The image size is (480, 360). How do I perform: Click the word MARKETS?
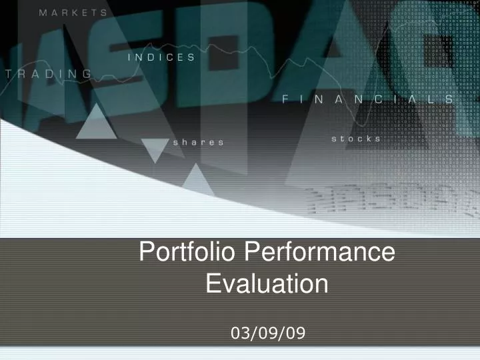pyautogui.click(x=73, y=13)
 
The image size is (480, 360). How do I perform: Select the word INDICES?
pyautogui.click(x=161, y=57)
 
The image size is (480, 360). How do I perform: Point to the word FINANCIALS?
pyautogui.click(x=369, y=99)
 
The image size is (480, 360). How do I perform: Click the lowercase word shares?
pyautogui.click(x=198, y=142)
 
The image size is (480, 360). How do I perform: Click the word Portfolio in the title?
pyautogui.click(x=188, y=253)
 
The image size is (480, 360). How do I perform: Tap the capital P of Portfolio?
pyautogui.click(x=151, y=253)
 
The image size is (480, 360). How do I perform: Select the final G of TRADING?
pyautogui.click(x=87, y=73)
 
